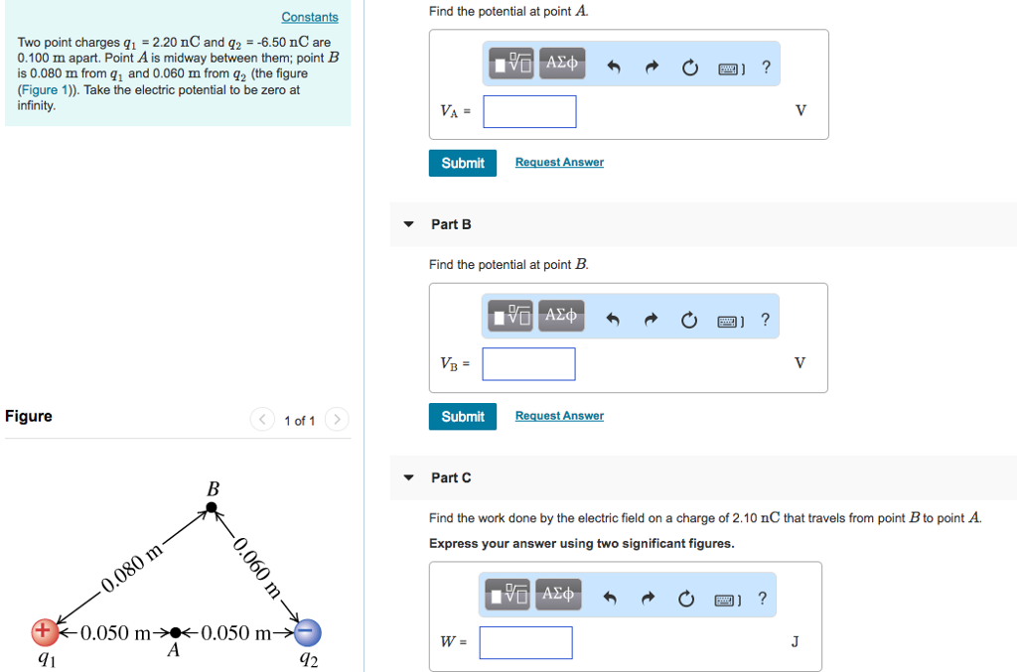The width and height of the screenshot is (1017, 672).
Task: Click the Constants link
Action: [309, 17]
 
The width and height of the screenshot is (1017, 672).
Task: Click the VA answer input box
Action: [529, 111]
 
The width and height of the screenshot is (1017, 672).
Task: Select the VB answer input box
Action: [528, 363]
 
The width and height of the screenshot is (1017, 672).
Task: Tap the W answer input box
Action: [525, 642]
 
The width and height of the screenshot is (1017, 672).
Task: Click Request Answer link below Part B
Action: [559, 416]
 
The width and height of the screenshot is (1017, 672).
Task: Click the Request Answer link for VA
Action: [559, 162]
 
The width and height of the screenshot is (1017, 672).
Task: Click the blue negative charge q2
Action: [308, 631]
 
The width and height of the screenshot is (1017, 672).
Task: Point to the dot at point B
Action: [211, 508]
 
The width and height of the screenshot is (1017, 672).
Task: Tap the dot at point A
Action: [175, 631]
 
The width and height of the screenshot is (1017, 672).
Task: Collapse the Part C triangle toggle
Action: [408, 477]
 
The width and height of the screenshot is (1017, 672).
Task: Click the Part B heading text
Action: [451, 224]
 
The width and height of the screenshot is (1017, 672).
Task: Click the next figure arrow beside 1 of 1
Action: [338, 420]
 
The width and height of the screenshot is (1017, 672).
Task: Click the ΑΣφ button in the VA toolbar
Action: [561, 63]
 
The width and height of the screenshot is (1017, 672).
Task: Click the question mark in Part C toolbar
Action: [762, 598]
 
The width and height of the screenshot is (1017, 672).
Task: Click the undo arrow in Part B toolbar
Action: [613, 321]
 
